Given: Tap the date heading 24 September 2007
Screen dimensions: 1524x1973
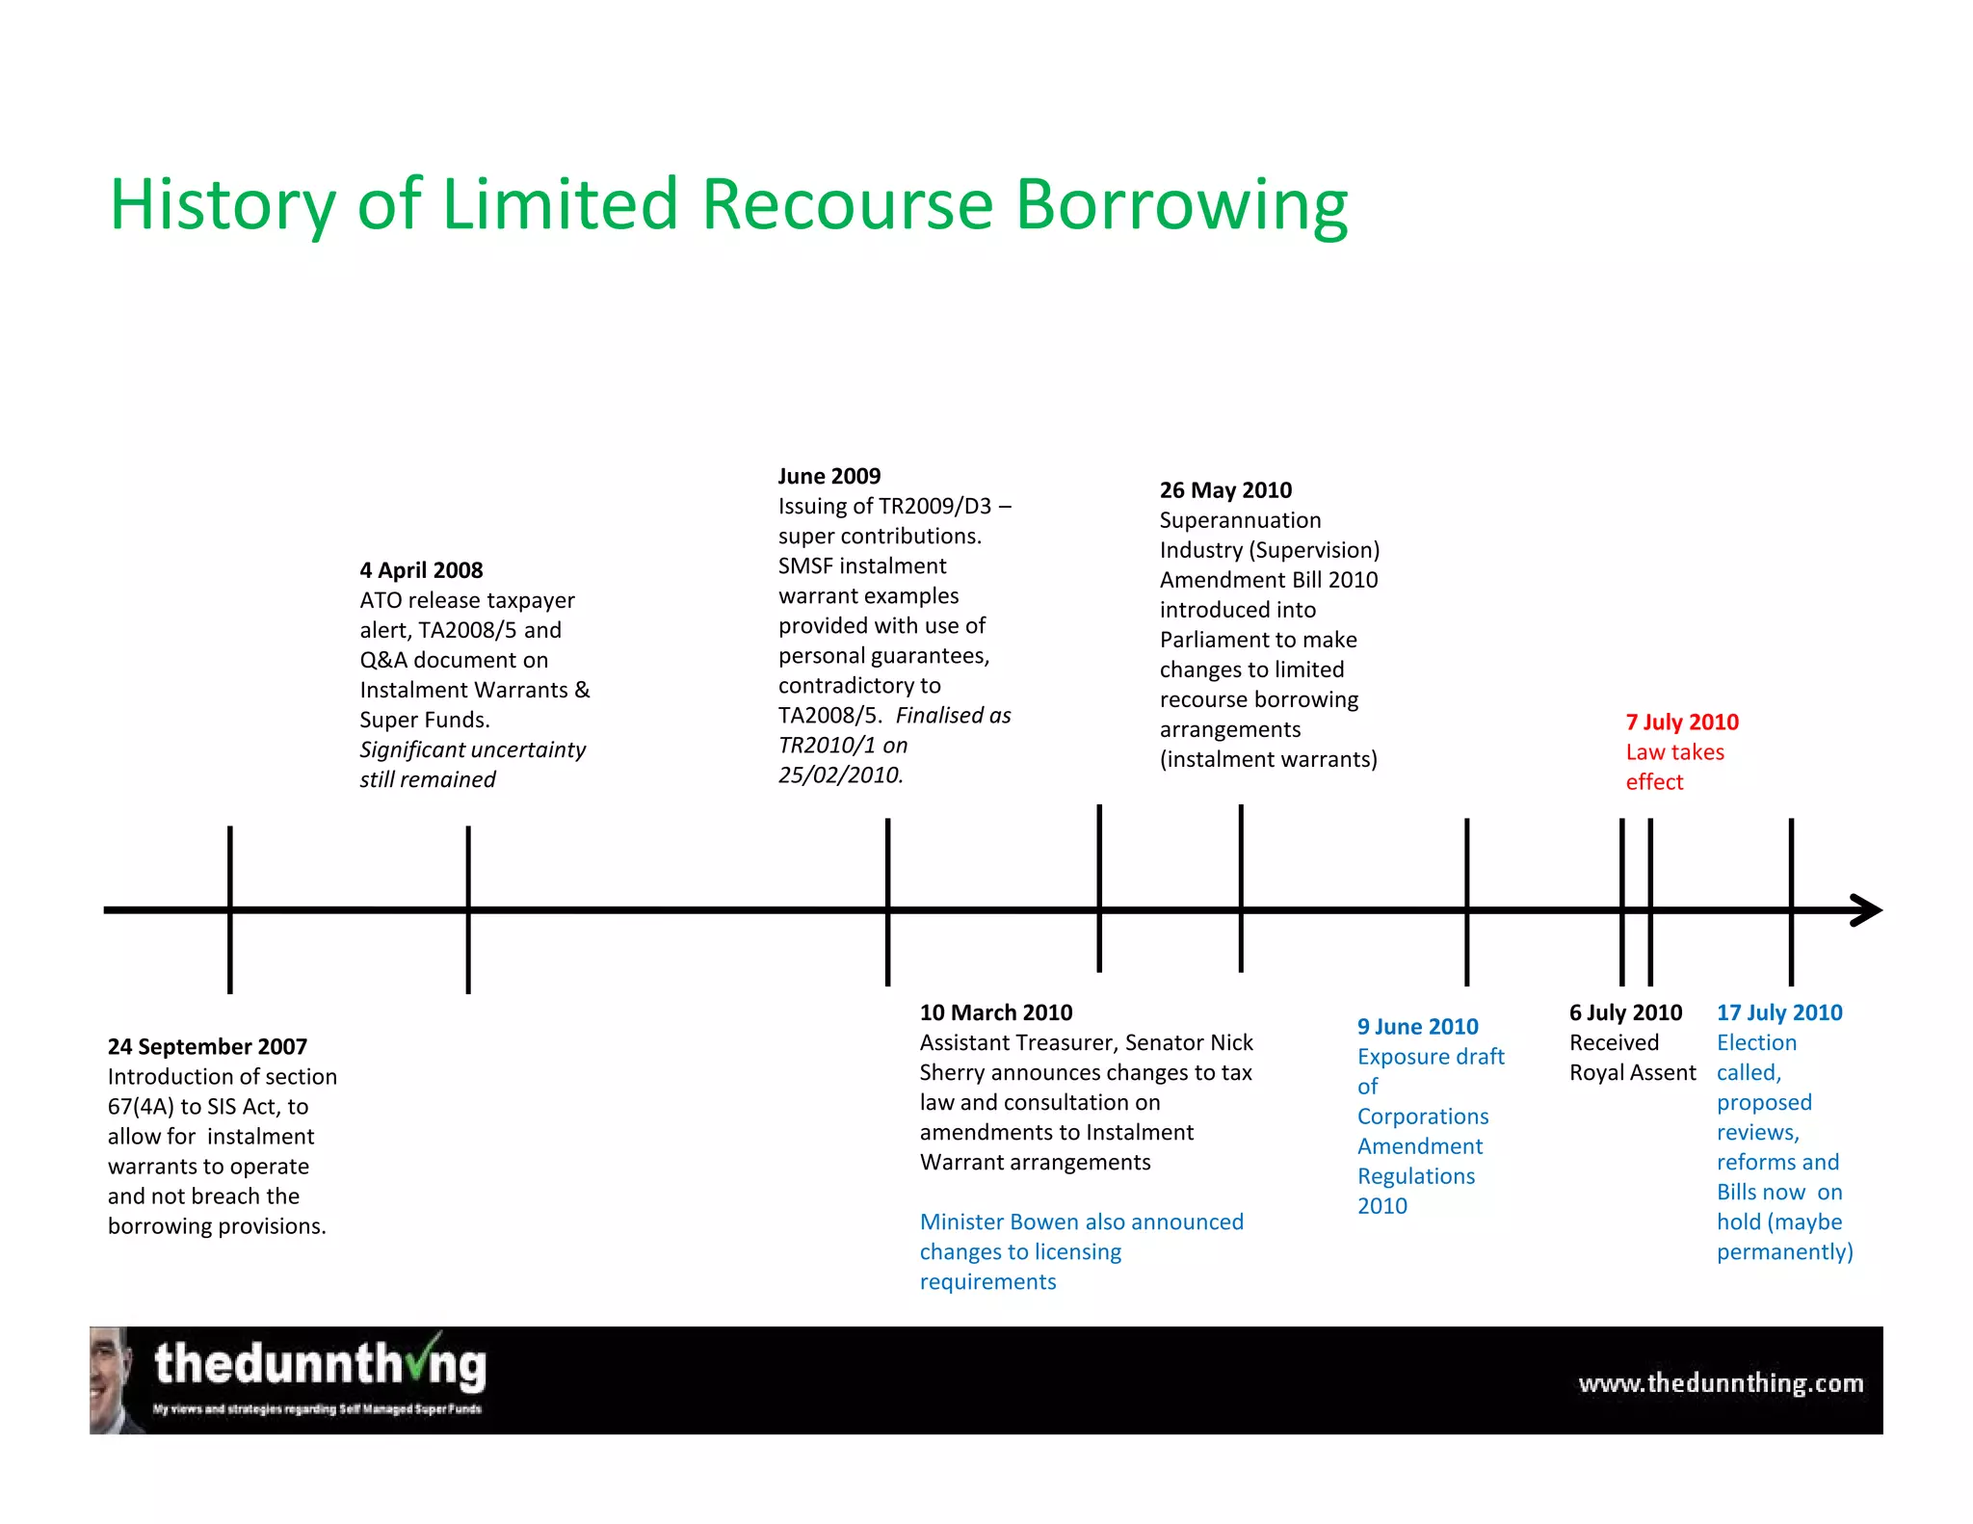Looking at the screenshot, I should coord(207,1046).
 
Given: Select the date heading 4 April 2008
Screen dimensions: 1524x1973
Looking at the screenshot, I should coord(421,570).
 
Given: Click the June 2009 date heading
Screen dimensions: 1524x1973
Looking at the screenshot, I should coord(829,476).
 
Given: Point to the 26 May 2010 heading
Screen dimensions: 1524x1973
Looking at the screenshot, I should coord(1224,490).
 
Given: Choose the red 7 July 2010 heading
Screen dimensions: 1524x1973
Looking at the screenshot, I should coord(1681,723).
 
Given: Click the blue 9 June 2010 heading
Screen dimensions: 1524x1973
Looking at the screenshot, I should coord(1417,1027).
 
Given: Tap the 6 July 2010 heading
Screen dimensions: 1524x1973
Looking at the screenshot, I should coord(1625,1012).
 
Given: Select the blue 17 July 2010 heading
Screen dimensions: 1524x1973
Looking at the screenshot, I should coord(1778,1012).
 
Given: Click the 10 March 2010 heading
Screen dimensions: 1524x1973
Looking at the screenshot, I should coord(995,1012).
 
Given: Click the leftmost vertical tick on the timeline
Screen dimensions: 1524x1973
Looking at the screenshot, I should coord(230,909).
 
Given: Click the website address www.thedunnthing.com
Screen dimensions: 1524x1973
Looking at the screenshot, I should coord(1720,1383).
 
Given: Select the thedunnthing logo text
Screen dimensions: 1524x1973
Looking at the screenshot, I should coord(320,1366).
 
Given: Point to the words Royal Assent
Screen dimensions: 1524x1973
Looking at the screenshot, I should coord(1632,1072).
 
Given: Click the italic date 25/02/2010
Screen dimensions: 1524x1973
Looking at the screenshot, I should coord(840,775).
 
